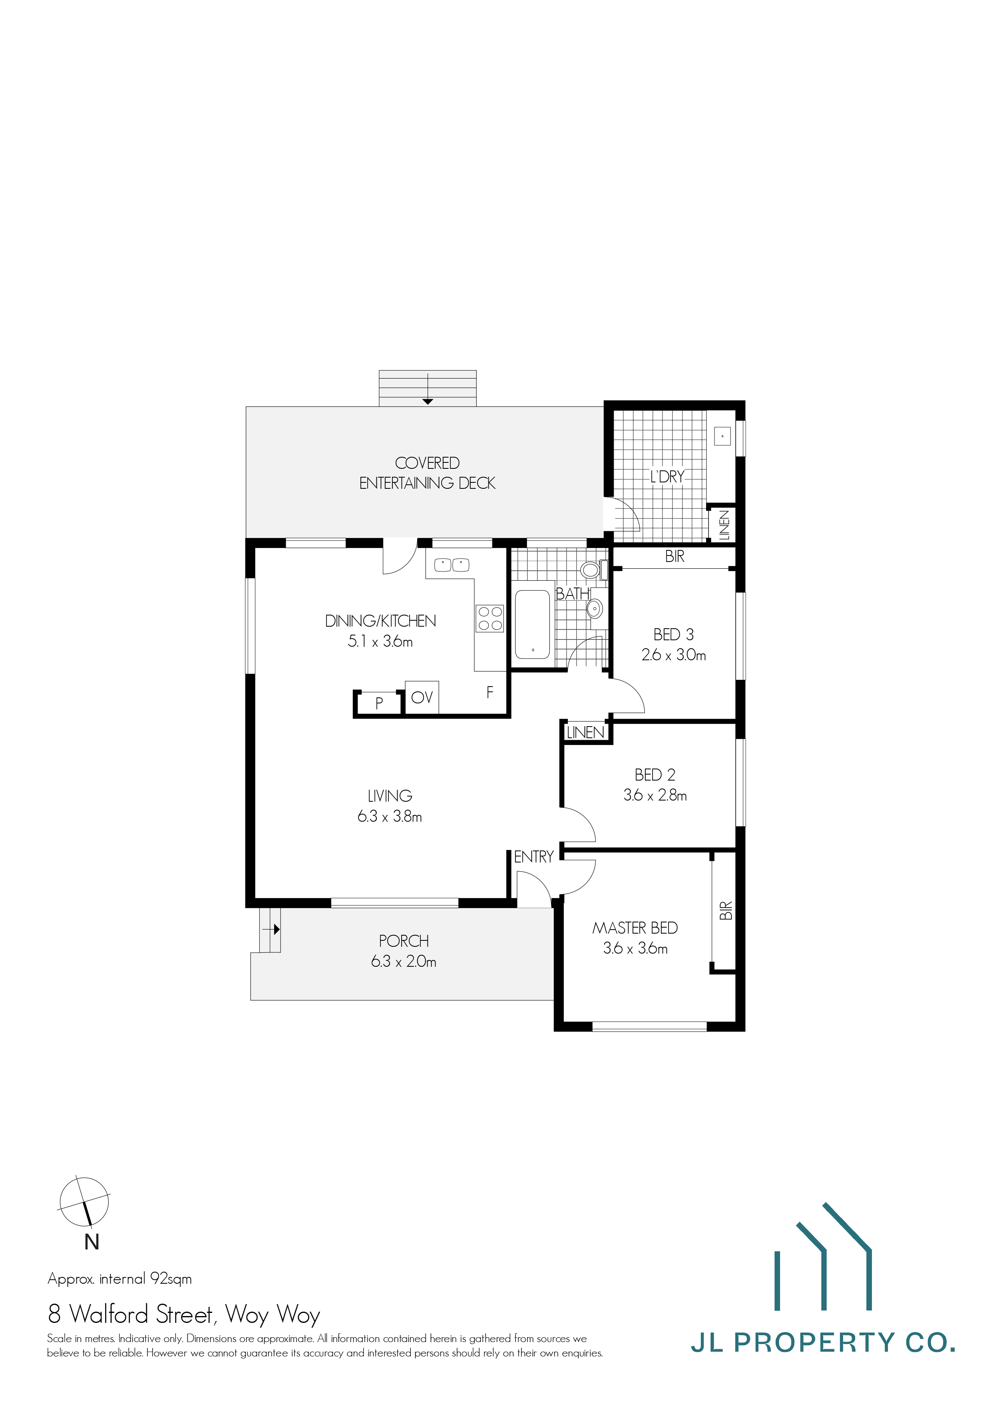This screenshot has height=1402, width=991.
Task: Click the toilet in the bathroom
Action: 591,570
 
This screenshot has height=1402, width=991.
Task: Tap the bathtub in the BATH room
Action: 532,623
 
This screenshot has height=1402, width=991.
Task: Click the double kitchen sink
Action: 452,565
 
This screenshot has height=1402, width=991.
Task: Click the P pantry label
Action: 379,703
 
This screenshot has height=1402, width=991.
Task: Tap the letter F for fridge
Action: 490,693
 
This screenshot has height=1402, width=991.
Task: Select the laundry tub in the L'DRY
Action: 722,436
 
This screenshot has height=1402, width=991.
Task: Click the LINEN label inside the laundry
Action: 724,524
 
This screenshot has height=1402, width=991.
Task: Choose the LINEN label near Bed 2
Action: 585,732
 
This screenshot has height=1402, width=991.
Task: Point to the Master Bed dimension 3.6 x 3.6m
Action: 635,948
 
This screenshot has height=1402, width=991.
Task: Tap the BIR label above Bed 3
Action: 675,556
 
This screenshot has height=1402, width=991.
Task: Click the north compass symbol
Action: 84,1202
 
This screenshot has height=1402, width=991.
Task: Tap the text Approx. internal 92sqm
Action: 119,1279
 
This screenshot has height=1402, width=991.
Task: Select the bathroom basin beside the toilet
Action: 594,608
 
